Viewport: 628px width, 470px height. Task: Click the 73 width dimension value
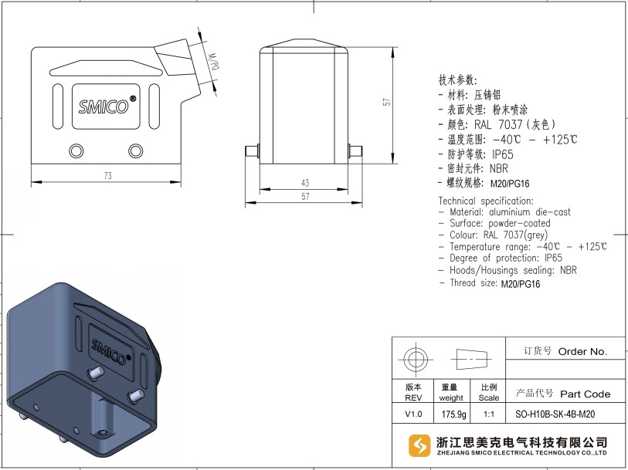point(107,176)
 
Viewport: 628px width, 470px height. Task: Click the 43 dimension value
point(305,183)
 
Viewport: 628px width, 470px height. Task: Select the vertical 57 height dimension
point(386,102)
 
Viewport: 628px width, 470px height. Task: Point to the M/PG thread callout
point(214,62)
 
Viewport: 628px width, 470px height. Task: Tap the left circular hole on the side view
point(76,151)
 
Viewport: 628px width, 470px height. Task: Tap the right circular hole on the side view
point(135,151)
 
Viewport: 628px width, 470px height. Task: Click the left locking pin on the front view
point(252,151)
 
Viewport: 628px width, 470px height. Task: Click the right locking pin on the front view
point(355,151)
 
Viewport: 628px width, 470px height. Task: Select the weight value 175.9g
point(453,414)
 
